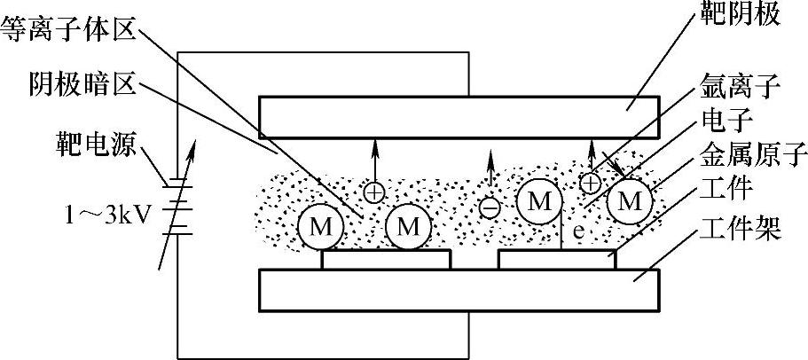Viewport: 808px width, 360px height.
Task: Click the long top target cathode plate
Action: (458, 114)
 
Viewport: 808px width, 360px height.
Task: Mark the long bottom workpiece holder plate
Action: (458, 290)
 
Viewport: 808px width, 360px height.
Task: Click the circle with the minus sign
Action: (489, 208)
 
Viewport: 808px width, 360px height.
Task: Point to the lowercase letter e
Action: (577, 231)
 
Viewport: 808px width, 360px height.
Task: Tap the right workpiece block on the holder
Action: (557, 260)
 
